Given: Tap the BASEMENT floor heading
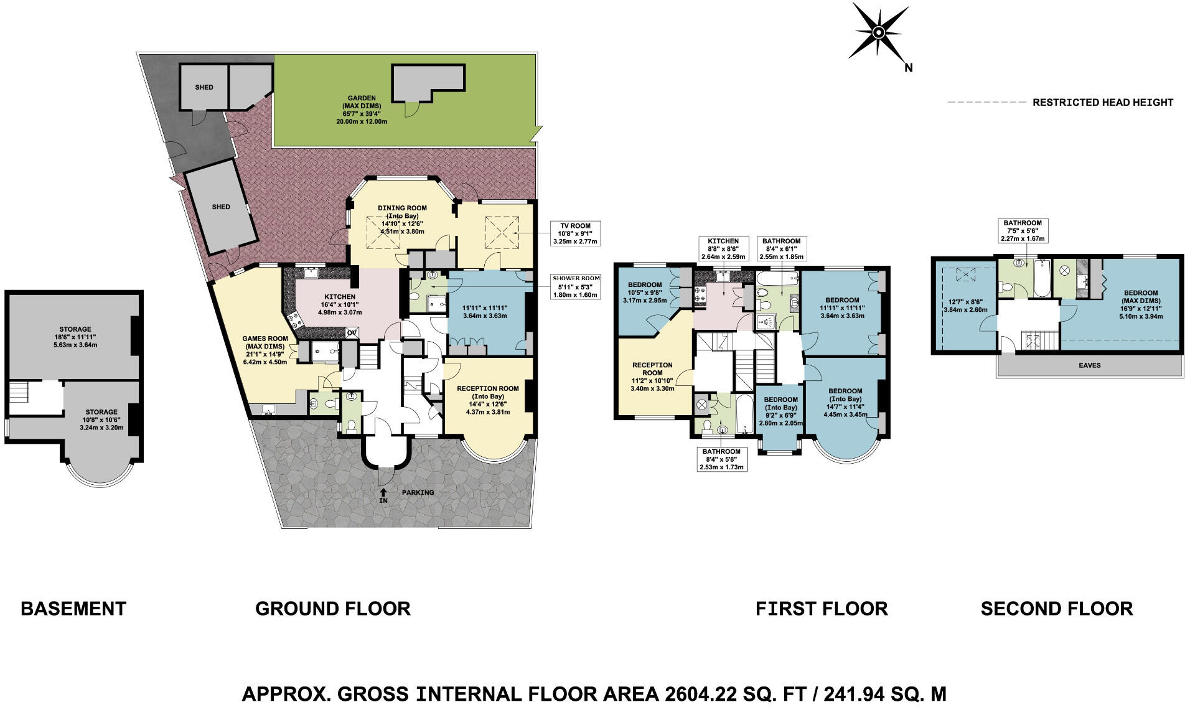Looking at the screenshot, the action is (x=73, y=608).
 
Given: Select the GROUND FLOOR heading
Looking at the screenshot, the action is (x=333, y=608).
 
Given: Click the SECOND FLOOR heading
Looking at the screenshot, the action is (x=1057, y=608).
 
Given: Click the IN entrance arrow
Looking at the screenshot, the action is (x=383, y=495).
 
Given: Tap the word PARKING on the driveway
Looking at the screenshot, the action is (x=418, y=492).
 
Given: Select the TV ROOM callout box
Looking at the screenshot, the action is (x=575, y=233).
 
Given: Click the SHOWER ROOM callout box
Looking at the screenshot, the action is (x=575, y=286).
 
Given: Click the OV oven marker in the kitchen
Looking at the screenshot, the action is (x=352, y=333).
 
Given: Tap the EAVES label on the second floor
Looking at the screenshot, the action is (x=1090, y=365).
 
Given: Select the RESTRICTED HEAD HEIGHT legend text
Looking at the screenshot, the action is (x=1103, y=102).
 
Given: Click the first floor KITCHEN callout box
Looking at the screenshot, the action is (x=723, y=248).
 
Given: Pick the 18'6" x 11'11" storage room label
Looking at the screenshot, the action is (x=75, y=337).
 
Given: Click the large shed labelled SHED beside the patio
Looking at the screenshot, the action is (x=221, y=207).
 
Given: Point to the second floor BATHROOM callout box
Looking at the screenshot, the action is (x=1022, y=231).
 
